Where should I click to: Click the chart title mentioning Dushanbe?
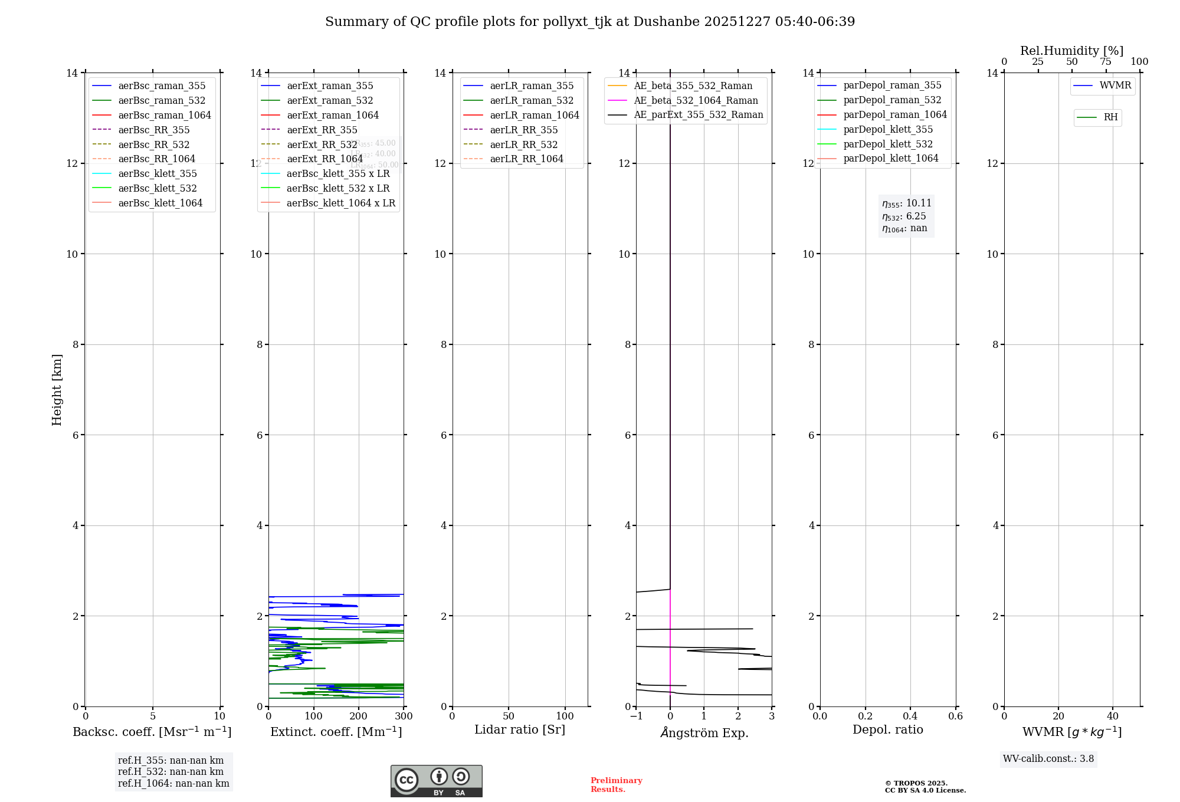pos(590,22)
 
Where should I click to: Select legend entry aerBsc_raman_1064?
pos(164,115)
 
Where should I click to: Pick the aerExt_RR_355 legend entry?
pos(322,130)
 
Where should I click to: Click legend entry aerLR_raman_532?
pos(531,100)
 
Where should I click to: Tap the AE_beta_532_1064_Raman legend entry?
pos(696,100)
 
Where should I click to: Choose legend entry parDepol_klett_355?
pos(888,129)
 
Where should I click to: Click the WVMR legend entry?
pos(1115,86)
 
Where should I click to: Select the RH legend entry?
pos(1110,117)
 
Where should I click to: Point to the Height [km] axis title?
pos(57,390)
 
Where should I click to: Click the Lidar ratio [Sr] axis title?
pos(520,729)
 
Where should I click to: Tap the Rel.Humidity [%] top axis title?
pos(1071,51)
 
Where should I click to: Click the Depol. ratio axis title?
pos(887,729)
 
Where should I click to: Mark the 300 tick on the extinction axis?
pos(404,716)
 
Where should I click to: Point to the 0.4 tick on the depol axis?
pos(910,716)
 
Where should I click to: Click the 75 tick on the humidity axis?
pos(1105,62)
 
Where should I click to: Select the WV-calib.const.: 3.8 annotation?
pos(1048,759)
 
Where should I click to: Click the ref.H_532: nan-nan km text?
pos(171,771)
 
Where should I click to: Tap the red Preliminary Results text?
pos(616,785)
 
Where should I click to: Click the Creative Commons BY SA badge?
pos(436,781)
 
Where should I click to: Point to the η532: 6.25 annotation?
pos(904,216)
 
